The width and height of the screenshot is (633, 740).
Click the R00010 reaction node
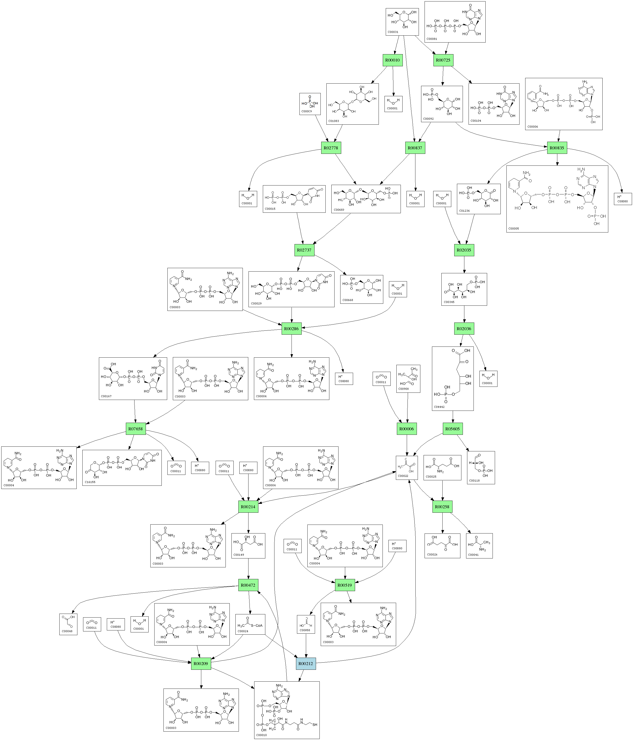coord(392,60)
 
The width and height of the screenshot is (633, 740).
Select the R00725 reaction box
coord(443,60)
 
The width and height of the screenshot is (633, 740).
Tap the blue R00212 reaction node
coord(306,664)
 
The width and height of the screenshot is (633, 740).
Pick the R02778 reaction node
coord(331,148)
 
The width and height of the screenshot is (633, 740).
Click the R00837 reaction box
coord(415,148)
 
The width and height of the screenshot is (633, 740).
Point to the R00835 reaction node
coord(557,148)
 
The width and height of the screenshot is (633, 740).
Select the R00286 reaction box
coord(291,328)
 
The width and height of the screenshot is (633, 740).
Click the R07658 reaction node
coord(136,429)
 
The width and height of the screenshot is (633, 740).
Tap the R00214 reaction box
coord(248,507)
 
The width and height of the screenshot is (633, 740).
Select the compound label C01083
coord(334,121)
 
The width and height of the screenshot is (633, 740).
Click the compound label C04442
coord(439,407)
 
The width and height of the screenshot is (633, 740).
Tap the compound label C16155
coord(90,482)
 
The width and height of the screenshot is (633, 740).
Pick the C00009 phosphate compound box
coord(310,104)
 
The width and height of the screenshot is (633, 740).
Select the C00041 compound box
coord(479,546)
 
